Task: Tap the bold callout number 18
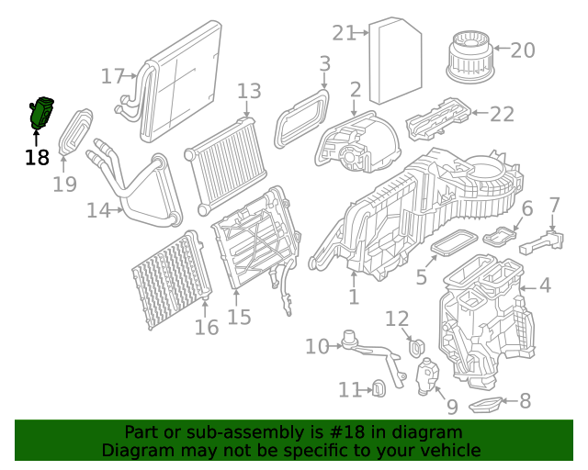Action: tap(37, 157)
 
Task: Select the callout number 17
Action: tap(113, 76)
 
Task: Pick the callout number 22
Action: tap(502, 114)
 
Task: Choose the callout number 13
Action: tap(249, 91)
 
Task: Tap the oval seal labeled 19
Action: tap(76, 133)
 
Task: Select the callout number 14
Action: tap(98, 210)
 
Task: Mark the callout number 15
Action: tap(239, 317)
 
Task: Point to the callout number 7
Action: tap(554, 204)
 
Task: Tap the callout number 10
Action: tap(317, 346)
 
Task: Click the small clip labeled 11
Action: tap(378, 390)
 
